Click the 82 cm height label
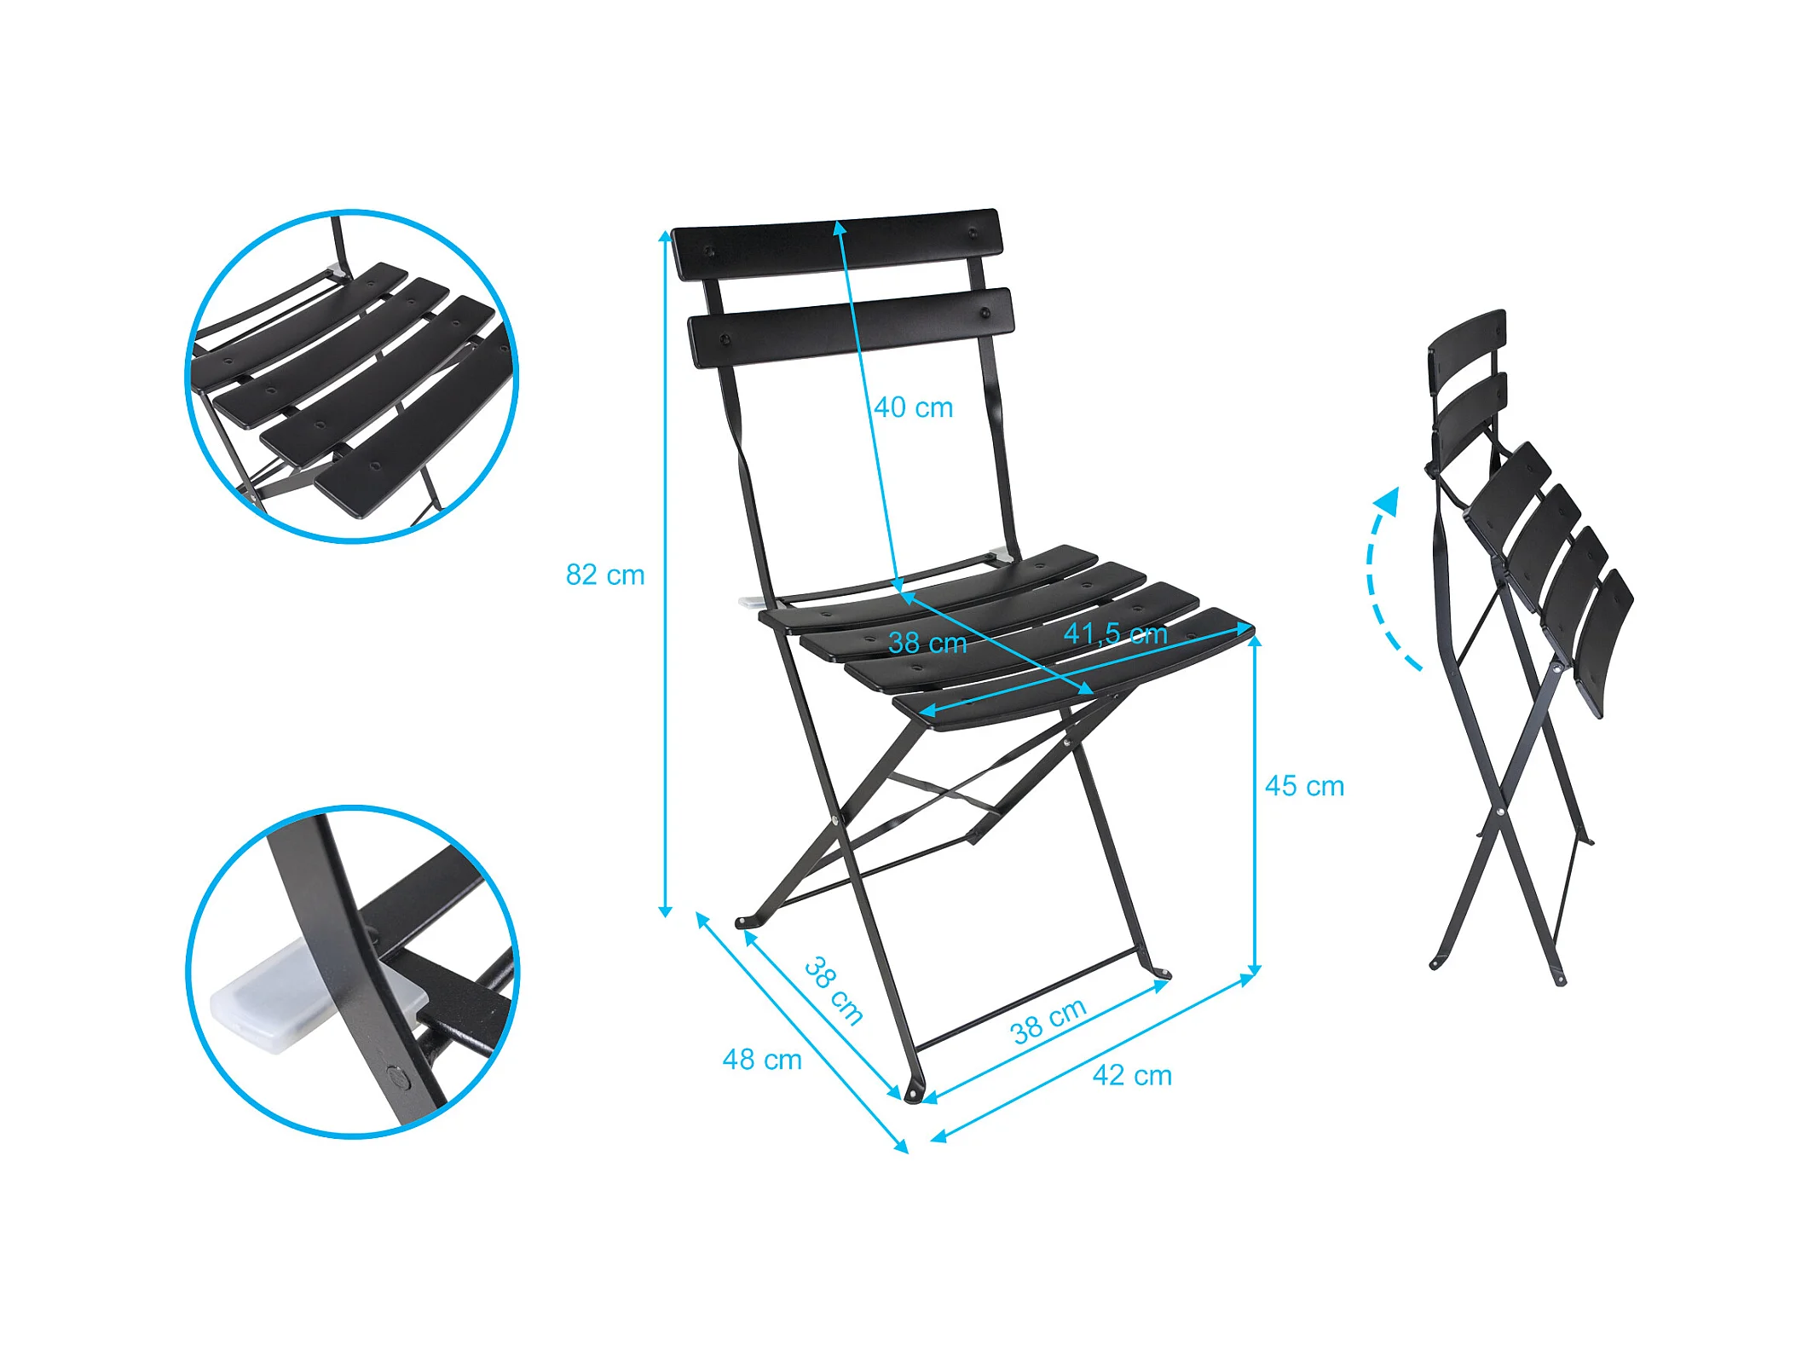pyautogui.click(x=605, y=575)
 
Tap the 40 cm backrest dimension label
pyautogui.click(x=914, y=407)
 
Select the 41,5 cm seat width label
pyautogui.click(x=1116, y=633)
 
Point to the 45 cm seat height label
pyautogui.click(x=1304, y=786)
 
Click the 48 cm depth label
pyautogui.click(x=762, y=1060)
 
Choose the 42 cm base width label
pyautogui.click(x=1132, y=1075)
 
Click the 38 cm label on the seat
pyautogui.click(x=927, y=643)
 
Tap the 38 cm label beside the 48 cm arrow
pyautogui.click(x=834, y=990)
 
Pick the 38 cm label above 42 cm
pyautogui.click(x=1048, y=1020)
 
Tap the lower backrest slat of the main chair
pyautogui.click(x=851, y=328)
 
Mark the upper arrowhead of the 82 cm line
pyautogui.click(x=665, y=236)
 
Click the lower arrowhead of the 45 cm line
pyautogui.click(x=1254, y=970)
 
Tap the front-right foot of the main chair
pyautogui.click(x=1160, y=971)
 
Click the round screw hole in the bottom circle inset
pyautogui.click(x=398, y=1078)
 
